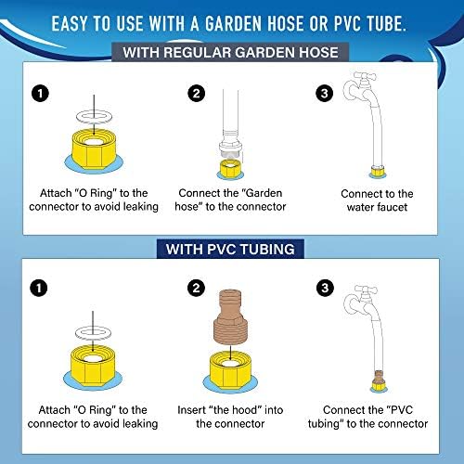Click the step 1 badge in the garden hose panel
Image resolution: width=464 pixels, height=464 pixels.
pos(40,94)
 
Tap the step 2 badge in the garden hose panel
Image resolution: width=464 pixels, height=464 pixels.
pos(197,93)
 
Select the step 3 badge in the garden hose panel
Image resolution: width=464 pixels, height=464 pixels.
pos(325,93)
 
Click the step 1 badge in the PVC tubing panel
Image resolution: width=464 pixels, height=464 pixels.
pos(39,289)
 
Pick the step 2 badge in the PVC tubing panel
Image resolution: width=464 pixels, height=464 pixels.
pos(196,289)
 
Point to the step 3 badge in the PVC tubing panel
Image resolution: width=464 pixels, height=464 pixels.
pos(325,288)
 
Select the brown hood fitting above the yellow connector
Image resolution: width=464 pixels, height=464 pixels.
pos(229,317)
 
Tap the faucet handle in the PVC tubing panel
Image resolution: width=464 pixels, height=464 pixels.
pos(366,290)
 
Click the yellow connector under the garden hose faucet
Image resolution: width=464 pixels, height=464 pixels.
pos(378,171)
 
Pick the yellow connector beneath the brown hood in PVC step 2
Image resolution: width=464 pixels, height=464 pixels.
pos(230,370)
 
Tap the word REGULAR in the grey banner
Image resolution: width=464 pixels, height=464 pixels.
pos(198,52)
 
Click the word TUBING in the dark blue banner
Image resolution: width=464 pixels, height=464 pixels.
pos(267,250)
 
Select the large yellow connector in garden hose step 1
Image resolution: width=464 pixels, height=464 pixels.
pos(94,150)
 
